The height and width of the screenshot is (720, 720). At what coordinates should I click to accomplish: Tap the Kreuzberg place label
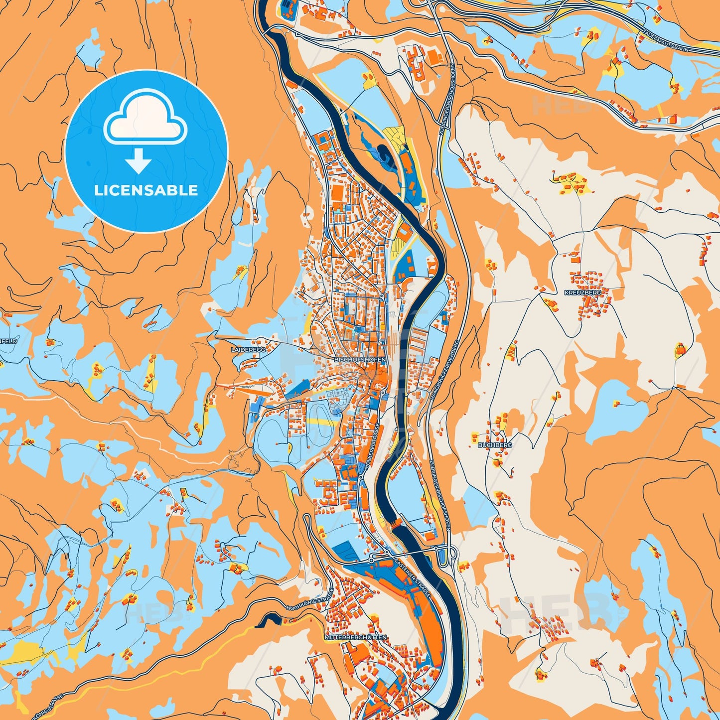582,293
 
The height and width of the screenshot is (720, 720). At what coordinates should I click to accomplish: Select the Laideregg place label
248,350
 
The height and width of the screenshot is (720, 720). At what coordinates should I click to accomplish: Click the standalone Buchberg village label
495,445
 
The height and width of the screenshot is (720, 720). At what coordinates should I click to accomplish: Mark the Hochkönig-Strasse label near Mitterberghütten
306,601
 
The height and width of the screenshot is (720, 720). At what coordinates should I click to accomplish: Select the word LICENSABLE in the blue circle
146,190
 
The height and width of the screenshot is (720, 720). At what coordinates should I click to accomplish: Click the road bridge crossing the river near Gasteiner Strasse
419,552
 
